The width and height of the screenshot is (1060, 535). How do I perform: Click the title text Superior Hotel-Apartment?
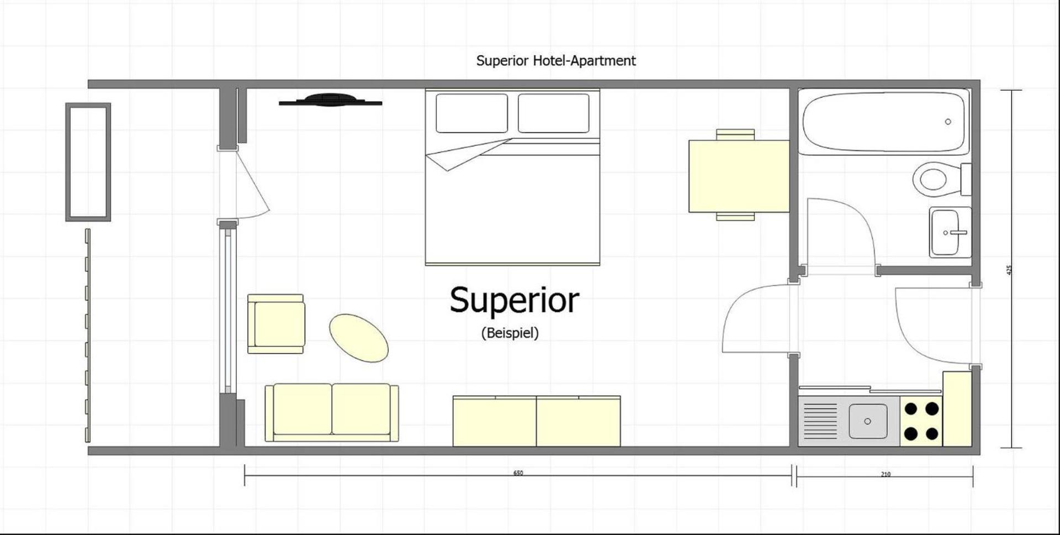555,61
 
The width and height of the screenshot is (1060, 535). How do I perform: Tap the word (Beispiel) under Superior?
510,333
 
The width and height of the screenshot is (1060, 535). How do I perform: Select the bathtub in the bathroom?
884,122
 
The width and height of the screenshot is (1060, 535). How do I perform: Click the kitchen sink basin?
867,421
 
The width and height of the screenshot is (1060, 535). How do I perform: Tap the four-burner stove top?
921,421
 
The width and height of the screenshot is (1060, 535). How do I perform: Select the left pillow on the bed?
471,113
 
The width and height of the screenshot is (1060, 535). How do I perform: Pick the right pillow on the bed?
553,113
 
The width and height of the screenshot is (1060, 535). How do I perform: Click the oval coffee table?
359,338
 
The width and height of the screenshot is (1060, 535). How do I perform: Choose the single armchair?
276,324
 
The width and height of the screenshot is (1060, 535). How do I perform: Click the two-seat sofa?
331,412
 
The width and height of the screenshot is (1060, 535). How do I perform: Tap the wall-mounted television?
330,100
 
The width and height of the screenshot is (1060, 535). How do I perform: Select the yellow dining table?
739,176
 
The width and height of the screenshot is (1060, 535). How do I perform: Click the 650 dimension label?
518,473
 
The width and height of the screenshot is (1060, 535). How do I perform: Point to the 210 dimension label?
885,474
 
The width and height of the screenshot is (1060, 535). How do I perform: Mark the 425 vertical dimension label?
1009,270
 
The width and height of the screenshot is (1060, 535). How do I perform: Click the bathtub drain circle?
948,122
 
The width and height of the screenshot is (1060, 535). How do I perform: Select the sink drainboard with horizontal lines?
820,421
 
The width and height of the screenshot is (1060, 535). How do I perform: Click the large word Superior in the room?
514,301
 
